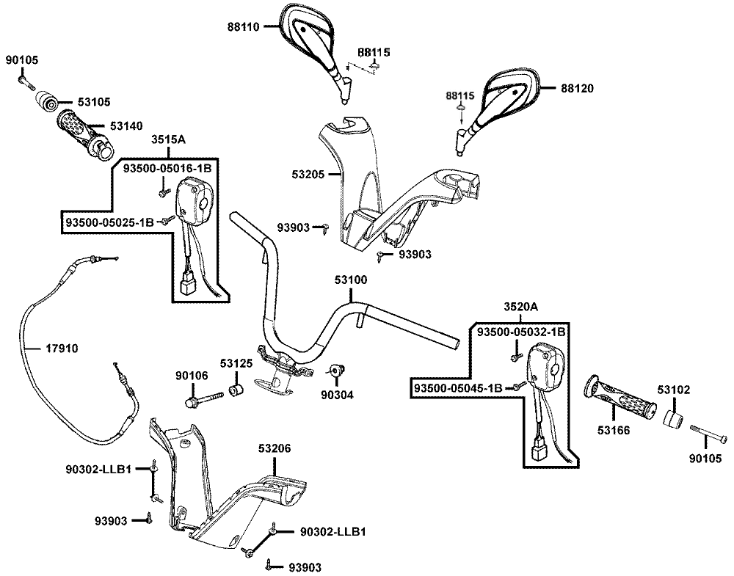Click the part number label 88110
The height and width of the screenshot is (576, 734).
tap(244, 26)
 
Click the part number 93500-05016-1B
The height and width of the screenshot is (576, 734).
tap(167, 169)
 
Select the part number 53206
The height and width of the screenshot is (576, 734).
tap(275, 447)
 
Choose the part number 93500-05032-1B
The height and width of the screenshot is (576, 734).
tap(520, 332)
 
